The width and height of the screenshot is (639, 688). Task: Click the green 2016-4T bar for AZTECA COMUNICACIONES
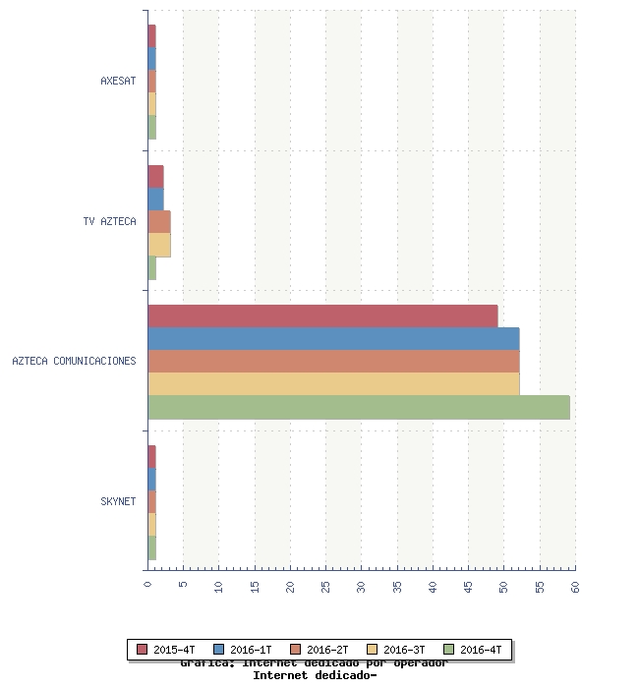point(359,407)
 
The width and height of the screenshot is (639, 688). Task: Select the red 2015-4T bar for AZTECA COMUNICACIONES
point(322,315)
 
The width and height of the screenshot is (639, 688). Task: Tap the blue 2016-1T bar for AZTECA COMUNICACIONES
point(333,338)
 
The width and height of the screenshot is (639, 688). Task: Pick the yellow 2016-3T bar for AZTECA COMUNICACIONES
point(333,383)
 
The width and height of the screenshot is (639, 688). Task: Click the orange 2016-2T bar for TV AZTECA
point(159,221)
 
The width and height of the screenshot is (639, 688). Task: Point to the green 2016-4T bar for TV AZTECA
point(152,267)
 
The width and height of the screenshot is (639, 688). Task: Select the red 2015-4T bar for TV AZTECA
point(155,176)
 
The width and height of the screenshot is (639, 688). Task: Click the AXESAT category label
point(118,81)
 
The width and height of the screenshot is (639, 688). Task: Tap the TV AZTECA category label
point(110,221)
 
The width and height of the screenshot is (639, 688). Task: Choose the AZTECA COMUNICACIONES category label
point(74,361)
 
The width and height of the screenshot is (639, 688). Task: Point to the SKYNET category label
point(118,501)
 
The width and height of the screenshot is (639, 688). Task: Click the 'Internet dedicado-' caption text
point(315,675)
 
